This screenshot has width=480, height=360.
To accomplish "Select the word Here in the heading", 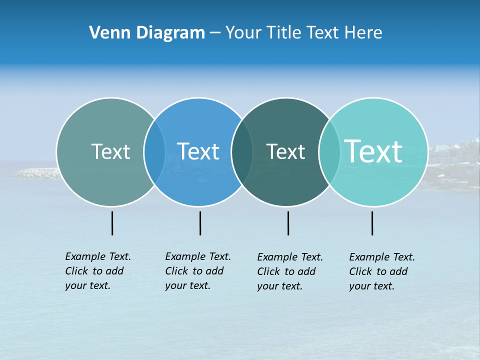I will [x=363, y=32].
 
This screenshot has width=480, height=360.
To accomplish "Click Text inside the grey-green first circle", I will [x=110, y=151].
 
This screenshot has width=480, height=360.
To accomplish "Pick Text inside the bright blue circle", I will [x=198, y=151].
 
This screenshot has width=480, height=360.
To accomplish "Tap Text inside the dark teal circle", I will [x=285, y=151].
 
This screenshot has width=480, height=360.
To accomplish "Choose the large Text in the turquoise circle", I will [x=373, y=151].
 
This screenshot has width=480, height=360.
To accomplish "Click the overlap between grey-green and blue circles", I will [x=154, y=151].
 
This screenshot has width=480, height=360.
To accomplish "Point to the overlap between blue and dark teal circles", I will [x=242, y=151].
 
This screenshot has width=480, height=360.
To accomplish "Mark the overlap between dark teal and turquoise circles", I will [x=329, y=151].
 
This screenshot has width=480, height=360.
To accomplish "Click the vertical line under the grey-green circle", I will [x=112, y=223].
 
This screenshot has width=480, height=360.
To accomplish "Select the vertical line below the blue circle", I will [x=200, y=223].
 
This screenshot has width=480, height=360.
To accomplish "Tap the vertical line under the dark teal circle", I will [x=288, y=223].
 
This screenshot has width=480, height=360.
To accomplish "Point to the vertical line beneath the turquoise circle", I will [x=372, y=223].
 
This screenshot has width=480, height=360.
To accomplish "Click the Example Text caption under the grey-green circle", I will [x=98, y=271].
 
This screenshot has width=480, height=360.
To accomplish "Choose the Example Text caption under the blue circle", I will [x=198, y=271].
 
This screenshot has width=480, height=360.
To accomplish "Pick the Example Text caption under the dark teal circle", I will [x=290, y=271].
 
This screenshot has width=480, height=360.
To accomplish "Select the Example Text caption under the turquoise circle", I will [x=382, y=271].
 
